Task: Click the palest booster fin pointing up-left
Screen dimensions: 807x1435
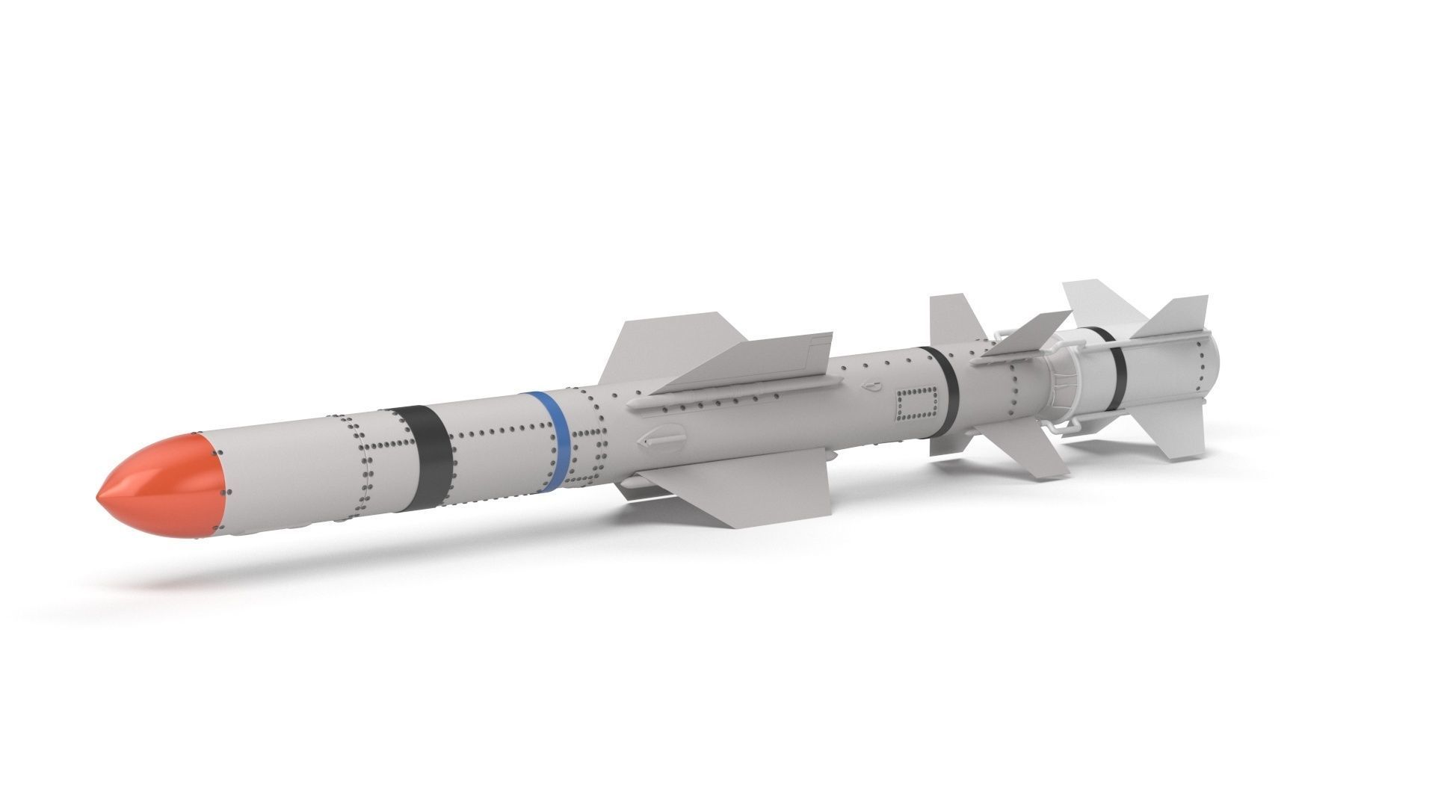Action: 1099,303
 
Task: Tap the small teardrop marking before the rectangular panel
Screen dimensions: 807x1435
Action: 871,387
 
